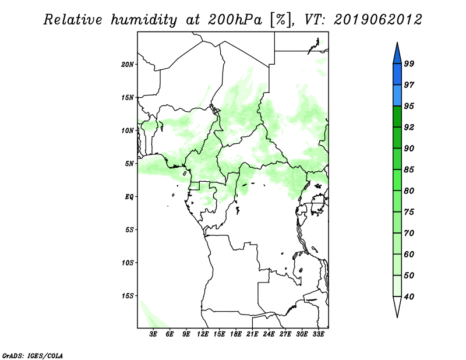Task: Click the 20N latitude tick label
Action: pyautogui.click(x=128, y=64)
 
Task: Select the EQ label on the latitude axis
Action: pyautogui.click(x=129, y=197)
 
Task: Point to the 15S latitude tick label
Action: pyautogui.click(x=128, y=296)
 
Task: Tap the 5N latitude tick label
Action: pyautogui.click(x=129, y=164)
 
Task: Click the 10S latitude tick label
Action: pyautogui.click(x=128, y=263)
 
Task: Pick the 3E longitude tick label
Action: pyautogui.click(x=154, y=335)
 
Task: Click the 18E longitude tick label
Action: pyautogui.click(x=236, y=335)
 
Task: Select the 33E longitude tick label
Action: pyautogui.click(x=319, y=335)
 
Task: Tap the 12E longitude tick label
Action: pyautogui.click(x=203, y=335)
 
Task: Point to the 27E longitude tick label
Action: pyautogui.click(x=285, y=335)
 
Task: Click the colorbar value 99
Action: pyautogui.click(x=409, y=64)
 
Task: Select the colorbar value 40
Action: pyautogui.click(x=409, y=297)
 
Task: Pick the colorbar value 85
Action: pyautogui.click(x=409, y=170)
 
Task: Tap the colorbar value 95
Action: pyautogui.click(x=409, y=106)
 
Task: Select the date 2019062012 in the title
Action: pyautogui.click(x=378, y=20)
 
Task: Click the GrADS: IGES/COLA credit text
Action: pyautogui.click(x=24, y=354)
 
